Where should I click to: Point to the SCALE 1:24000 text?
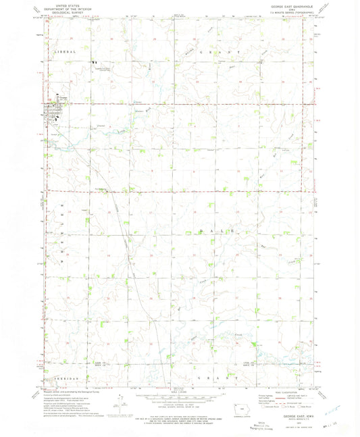pos(180,390)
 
